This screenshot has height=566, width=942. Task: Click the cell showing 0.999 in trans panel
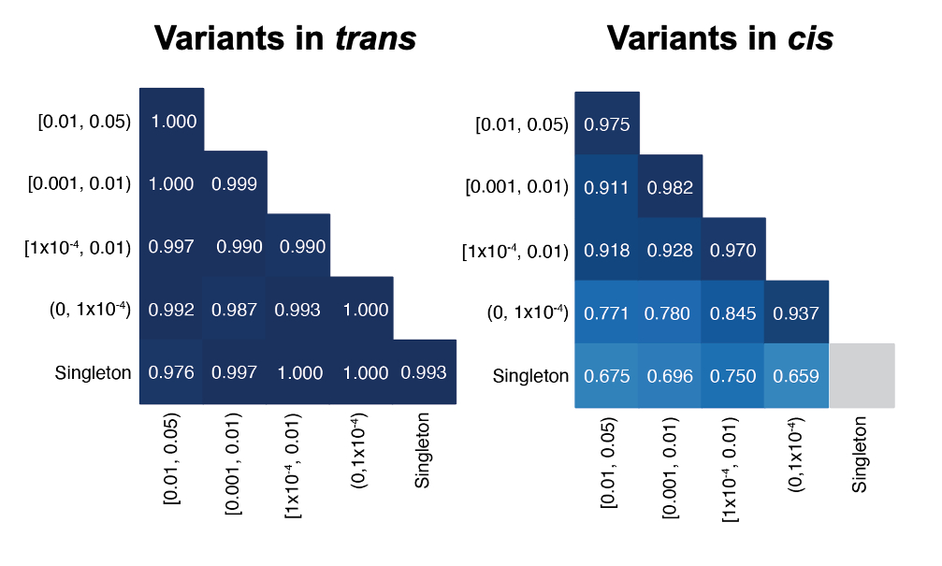coord(235,183)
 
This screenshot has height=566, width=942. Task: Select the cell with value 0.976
coord(171,372)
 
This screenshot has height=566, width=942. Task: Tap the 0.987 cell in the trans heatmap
coord(235,310)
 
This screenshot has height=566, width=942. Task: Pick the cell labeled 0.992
coord(171,310)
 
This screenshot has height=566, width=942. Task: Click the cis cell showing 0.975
coord(606,123)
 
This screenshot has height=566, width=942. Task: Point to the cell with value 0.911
coord(606,187)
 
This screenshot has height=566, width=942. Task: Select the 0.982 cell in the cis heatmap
coord(670,187)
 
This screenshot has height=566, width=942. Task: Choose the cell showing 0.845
coord(733,312)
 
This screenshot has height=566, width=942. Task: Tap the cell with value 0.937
coord(797,312)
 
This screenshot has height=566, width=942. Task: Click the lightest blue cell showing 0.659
coord(797,376)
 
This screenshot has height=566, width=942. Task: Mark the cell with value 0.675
coord(606,376)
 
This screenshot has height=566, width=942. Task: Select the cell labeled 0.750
coord(733,376)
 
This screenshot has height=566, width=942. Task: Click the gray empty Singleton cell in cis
coord(862,376)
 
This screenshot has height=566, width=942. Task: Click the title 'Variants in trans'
coord(284,38)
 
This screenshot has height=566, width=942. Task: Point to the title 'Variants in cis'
coord(719,38)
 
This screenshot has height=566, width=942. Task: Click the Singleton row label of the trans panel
coord(93,373)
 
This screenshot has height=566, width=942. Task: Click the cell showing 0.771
coord(606,312)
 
